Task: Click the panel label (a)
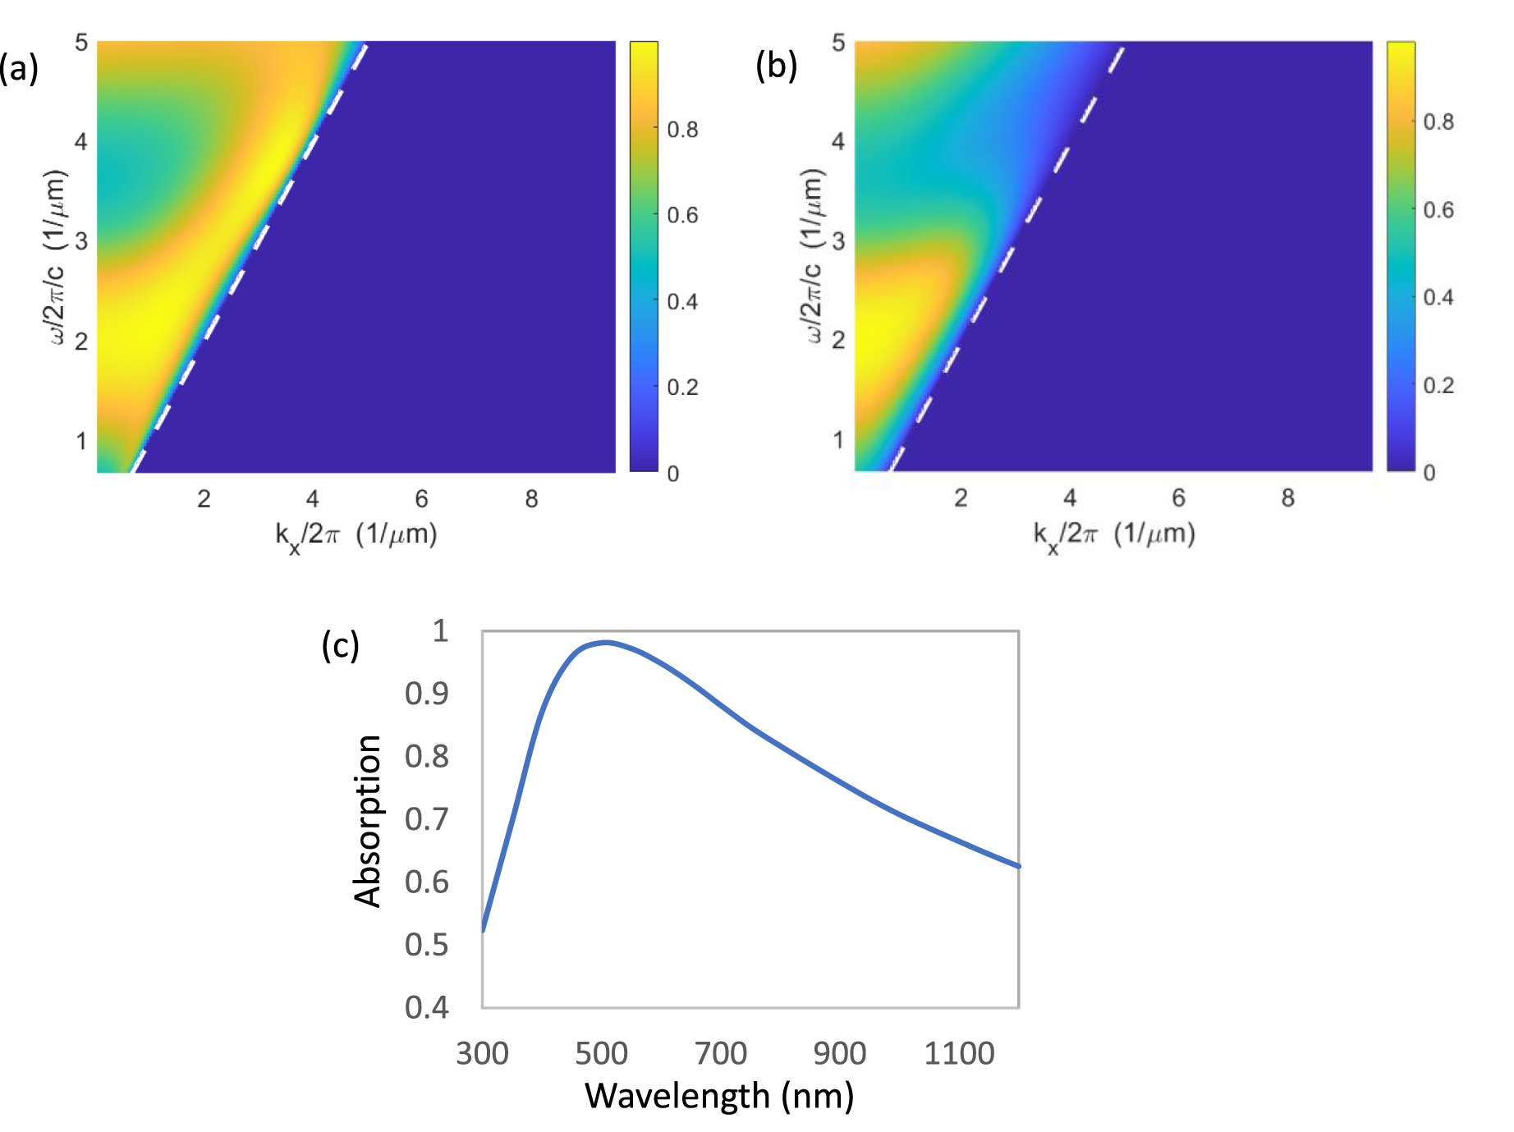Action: click(x=19, y=68)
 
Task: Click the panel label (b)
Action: click(x=776, y=66)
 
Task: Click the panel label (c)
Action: click(x=340, y=645)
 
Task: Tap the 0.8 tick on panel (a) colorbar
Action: click(x=682, y=130)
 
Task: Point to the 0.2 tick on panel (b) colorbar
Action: click(x=1438, y=385)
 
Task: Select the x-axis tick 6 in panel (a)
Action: click(x=421, y=498)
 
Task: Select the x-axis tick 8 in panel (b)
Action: click(x=1287, y=497)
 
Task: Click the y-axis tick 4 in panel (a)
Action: click(x=81, y=142)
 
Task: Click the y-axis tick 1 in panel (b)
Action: click(x=838, y=440)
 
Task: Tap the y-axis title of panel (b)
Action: click(x=812, y=255)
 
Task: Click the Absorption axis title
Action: click(x=367, y=820)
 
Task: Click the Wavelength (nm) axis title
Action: click(x=719, y=1096)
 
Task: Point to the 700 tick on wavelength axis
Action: click(x=721, y=1053)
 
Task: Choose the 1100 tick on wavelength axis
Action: click(x=959, y=1053)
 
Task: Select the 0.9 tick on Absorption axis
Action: click(x=427, y=694)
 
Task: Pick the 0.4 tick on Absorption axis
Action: click(x=427, y=1007)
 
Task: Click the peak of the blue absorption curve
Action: click(x=605, y=642)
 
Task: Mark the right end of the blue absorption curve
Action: click(x=1018, y=866)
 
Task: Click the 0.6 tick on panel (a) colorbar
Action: click(x=682, y=215)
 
